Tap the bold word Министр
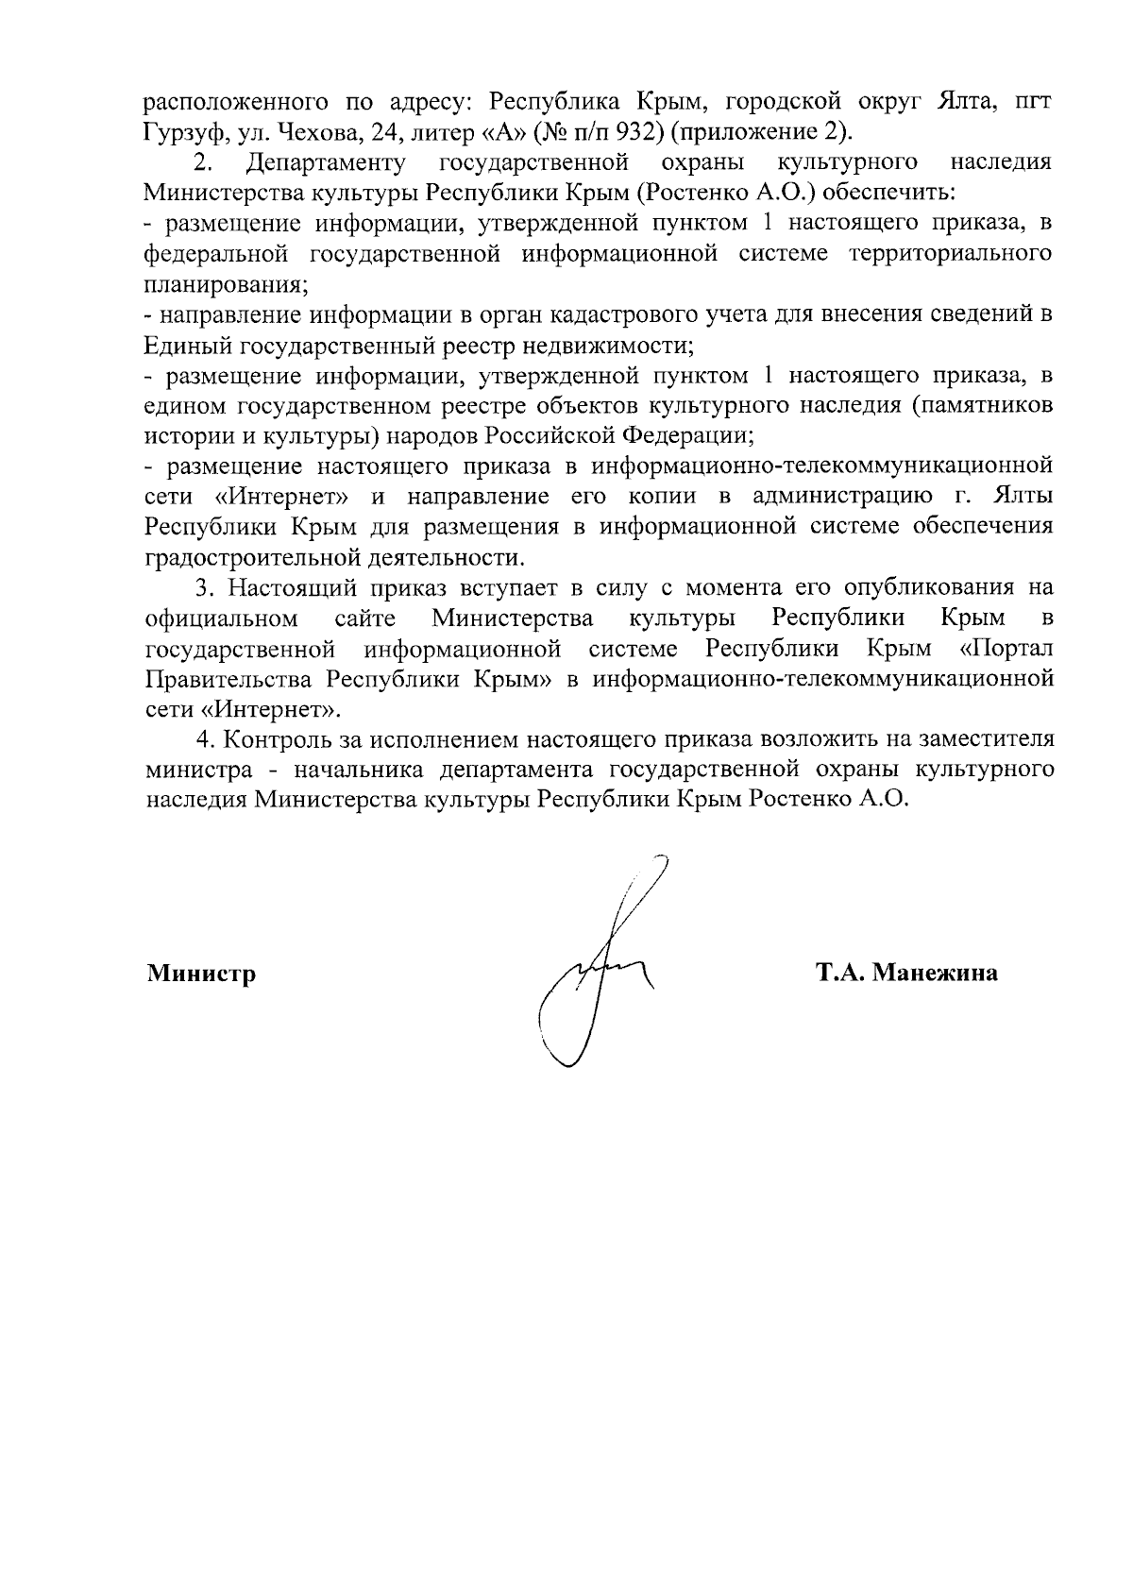(x=201, y=974)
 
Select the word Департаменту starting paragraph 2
(x=326, y=161)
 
